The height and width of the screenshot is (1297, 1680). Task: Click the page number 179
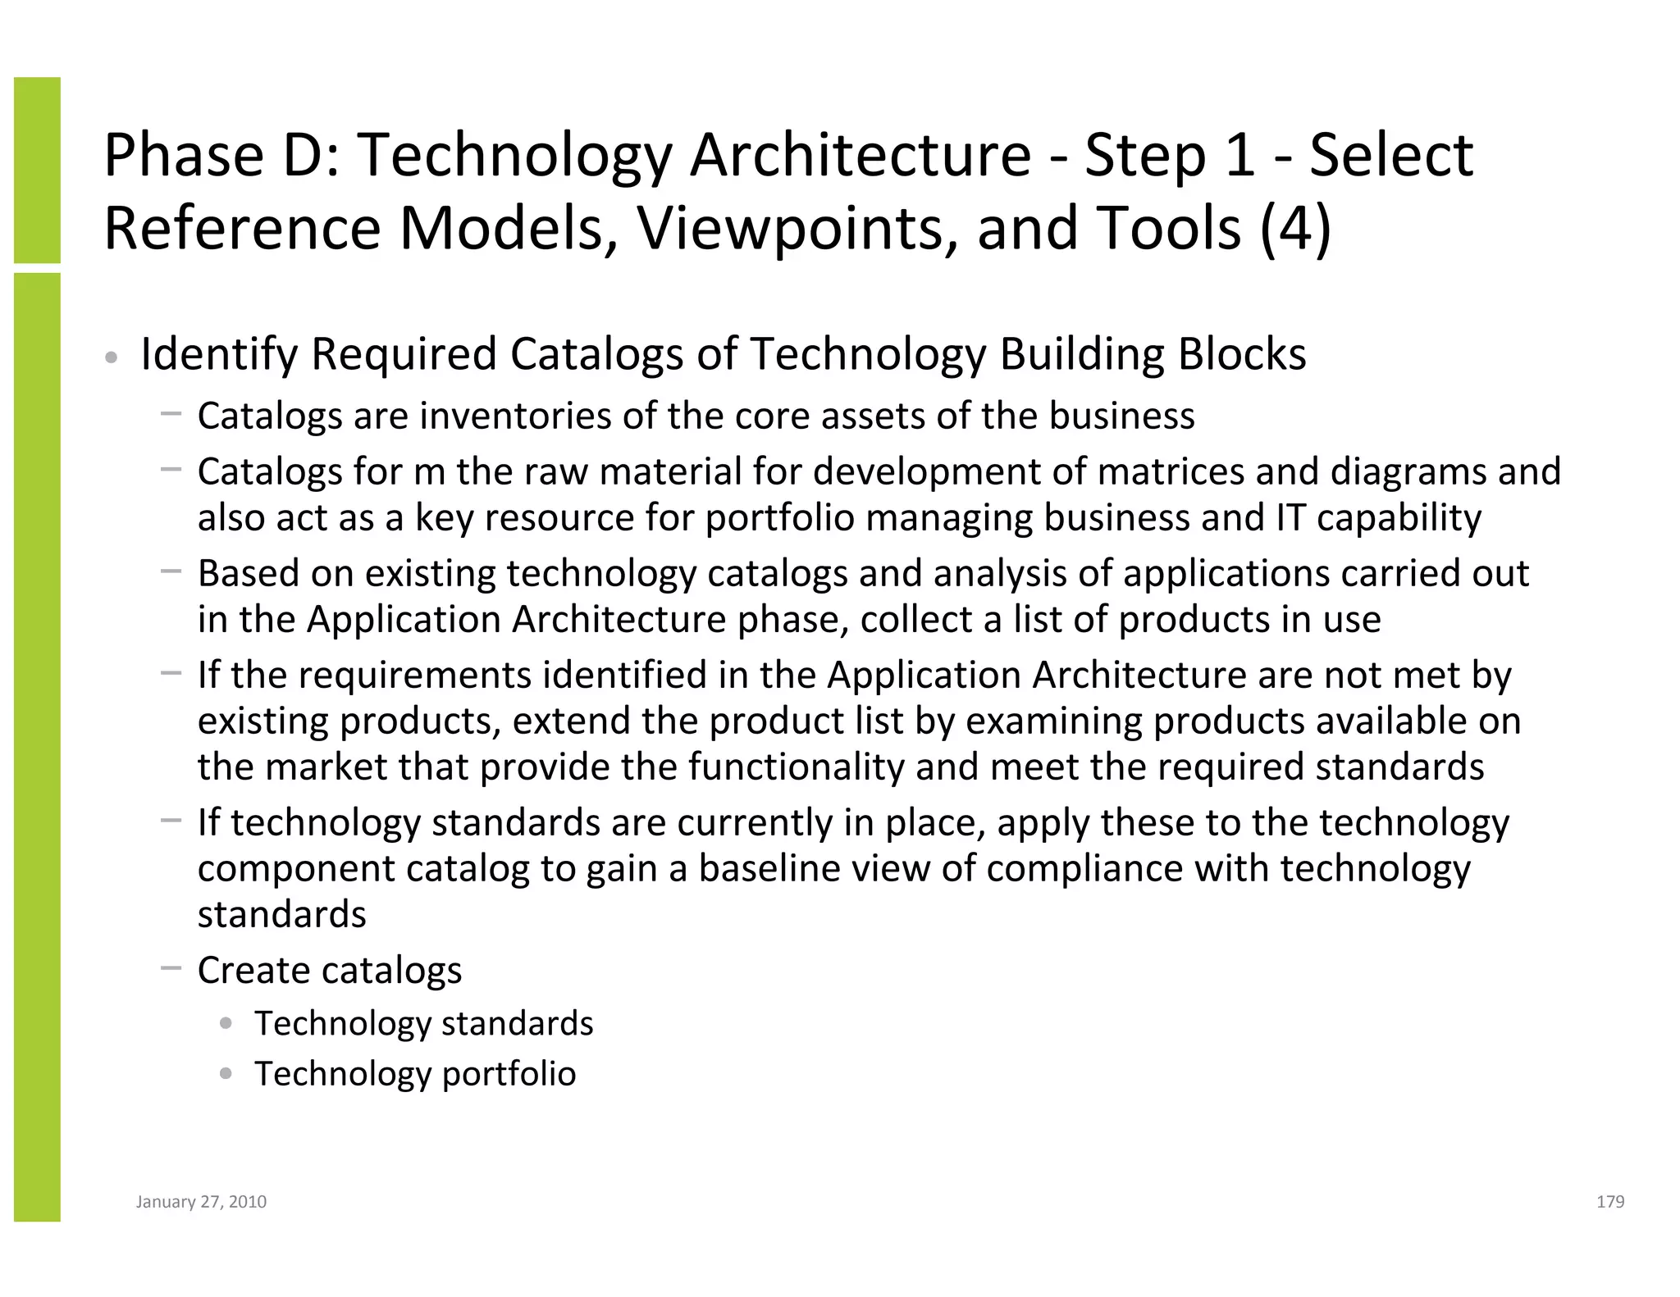pos(1610,1202)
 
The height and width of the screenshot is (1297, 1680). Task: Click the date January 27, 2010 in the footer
pos(201,1202)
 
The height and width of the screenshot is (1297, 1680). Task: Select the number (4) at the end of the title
pos(1294,227)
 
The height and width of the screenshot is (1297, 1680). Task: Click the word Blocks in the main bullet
pos(1242,354)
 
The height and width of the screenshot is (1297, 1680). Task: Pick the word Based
pos(249,573)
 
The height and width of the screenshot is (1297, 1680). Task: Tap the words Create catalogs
pos(330,970)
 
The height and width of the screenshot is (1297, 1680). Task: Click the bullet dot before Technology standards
pos(226,1022)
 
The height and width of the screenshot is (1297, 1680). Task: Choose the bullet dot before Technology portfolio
pos(226,1073)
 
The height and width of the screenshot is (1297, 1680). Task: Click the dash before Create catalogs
pos(171,968)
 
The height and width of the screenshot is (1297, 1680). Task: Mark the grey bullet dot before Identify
pos(112,357)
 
